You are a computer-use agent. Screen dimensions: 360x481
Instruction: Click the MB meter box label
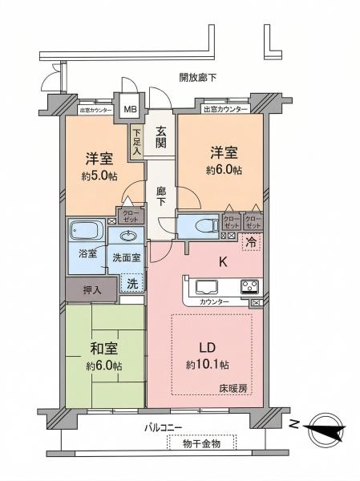pos(130,109)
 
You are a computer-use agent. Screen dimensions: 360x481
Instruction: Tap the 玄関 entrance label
pos(160,137)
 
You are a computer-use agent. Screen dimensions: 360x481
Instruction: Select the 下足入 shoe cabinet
pos(136,141)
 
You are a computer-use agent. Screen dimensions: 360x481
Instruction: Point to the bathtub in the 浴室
pos(87,230)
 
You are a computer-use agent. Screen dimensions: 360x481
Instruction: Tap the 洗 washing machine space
pos(132,283)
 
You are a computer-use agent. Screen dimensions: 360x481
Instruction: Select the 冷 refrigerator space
pos(251,242)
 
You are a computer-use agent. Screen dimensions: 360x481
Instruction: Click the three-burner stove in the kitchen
pos(251,286)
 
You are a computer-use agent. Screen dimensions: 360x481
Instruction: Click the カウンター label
pos(214,302)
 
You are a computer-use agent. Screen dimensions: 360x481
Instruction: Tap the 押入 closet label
pos(92,290)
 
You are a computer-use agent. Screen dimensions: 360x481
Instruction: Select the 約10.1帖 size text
pos(207,365)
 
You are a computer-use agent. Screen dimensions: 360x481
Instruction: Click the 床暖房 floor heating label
pos(233,389)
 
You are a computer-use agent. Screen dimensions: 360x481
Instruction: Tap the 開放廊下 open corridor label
pos(198,77)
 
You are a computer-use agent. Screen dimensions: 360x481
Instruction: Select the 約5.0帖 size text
pos(99,176)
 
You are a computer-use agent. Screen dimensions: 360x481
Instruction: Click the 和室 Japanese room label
pos(103,349)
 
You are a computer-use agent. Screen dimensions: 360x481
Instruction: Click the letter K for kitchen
pos(223,261)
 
